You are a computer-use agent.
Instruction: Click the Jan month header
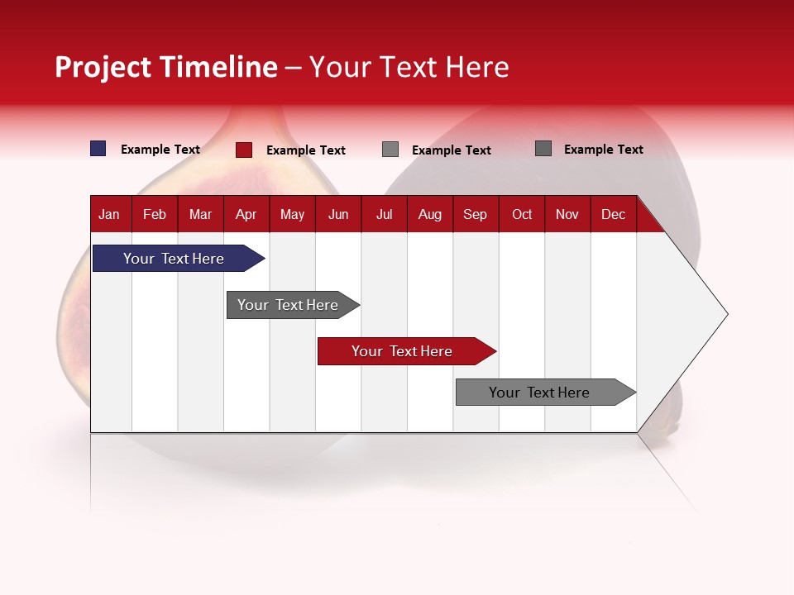[109, 214]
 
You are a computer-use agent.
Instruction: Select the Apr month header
[246, 214]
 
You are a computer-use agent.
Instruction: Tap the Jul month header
[384, 214]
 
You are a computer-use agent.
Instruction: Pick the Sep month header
[475, 214]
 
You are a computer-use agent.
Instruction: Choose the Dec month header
[613, 214]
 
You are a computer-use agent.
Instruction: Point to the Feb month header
[155, 214]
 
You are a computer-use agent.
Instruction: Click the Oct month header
[522, 214]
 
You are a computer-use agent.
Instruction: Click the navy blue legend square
[98, 149]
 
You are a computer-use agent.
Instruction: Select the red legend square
[244, 150]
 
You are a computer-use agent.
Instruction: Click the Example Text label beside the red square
[306, 150]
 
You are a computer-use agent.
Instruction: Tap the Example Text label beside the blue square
[160, 150]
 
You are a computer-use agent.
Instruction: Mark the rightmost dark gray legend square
[543, 149]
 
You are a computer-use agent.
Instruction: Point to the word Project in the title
[103, 68]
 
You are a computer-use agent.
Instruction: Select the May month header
[292, 214]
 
